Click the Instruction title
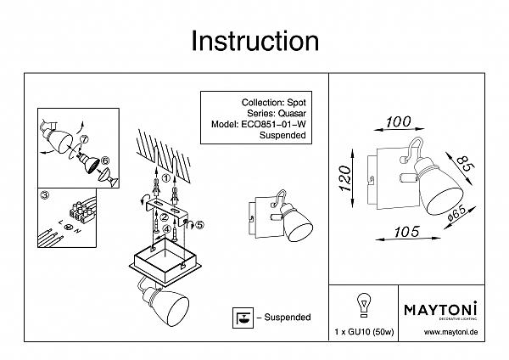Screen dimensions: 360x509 click(255, 40)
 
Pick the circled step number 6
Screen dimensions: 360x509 click(105, 160)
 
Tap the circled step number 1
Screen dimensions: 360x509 click(166, 177)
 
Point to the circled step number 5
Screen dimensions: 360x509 click(200, 224)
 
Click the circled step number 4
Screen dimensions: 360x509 click(167, 228)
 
